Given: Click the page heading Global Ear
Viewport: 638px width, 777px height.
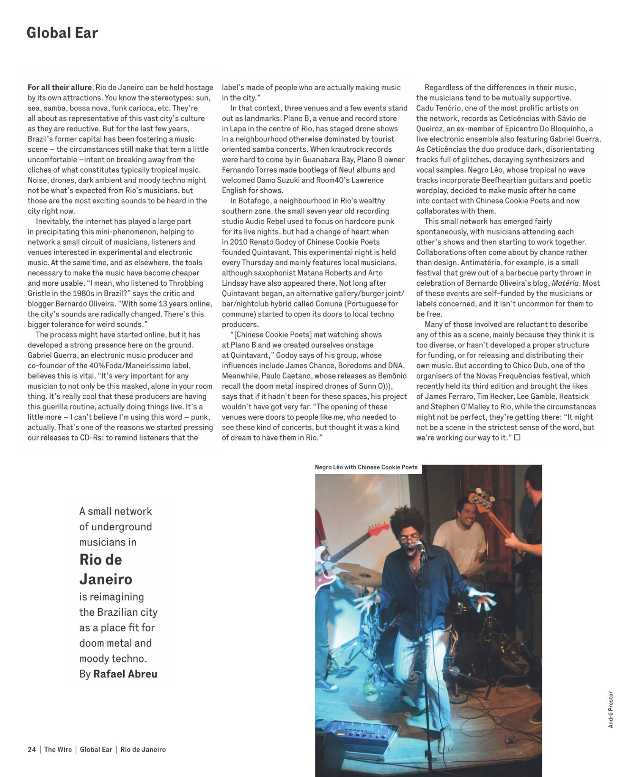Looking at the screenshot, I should click(x=62, y=33).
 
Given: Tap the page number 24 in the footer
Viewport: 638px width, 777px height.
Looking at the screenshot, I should click(x=31, y=749).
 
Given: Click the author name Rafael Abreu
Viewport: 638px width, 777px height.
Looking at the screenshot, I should click(x=125, y=674).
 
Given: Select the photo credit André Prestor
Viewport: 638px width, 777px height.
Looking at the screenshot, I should click(x=610, y=709).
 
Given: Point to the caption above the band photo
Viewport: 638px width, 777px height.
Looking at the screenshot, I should click(x=366, y=467).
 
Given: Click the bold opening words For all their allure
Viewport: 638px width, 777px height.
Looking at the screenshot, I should click(x=60, y=88).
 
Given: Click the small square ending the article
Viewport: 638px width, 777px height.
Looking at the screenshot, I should click(x=517, y=437).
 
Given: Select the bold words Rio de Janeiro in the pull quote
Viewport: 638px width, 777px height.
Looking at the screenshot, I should click(x=105, y=569).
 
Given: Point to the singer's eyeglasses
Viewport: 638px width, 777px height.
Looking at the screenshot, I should click(x=412, y=538).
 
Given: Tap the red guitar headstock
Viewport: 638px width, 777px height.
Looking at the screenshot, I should click(x=377, y=528).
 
